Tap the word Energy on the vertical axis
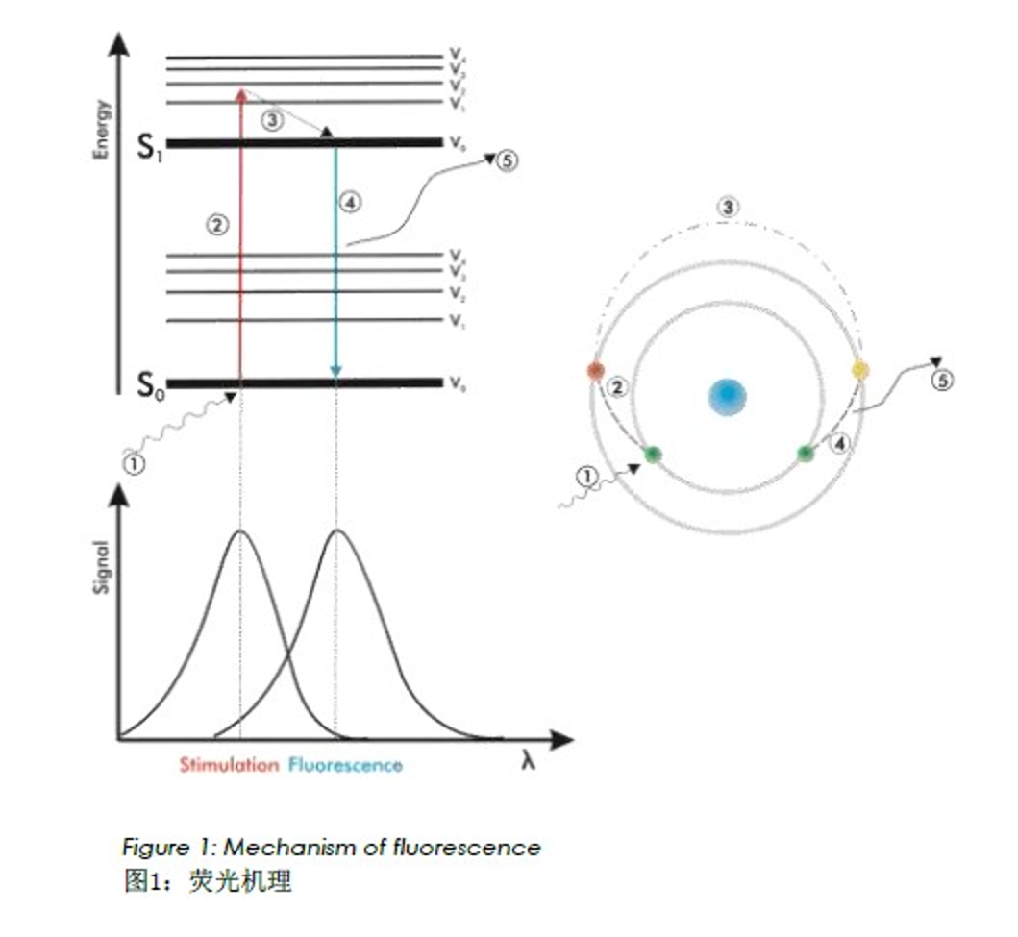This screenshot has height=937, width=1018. pyautogui.click(x=102, y=130)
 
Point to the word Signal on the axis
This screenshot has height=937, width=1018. pyautogui.click(x=102, y=566)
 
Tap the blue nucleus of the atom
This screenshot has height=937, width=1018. pyautogui.click(x=728, y=396)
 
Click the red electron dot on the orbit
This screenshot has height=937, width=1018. pyautogui.click(x=596, y=371)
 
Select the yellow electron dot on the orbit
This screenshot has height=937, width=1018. pyautogui.click(x=859, y=370)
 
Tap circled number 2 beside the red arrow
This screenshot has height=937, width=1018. pyautogui.click(x=216, y=225)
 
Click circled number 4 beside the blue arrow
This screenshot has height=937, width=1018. pyautogui.click(x=349, y=203)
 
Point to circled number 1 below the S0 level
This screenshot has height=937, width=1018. pyautogui.click(x=136, y=463)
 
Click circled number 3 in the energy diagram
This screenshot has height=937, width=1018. pyautogui.click(x=273, y=121)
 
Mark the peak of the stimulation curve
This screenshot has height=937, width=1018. pyautogui.click(x=240, y=530)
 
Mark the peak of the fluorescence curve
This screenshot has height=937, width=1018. pyautogui.click(x=336, y=530)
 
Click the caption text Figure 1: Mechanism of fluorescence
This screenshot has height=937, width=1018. pyautogui.click(x=331, y=848)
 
